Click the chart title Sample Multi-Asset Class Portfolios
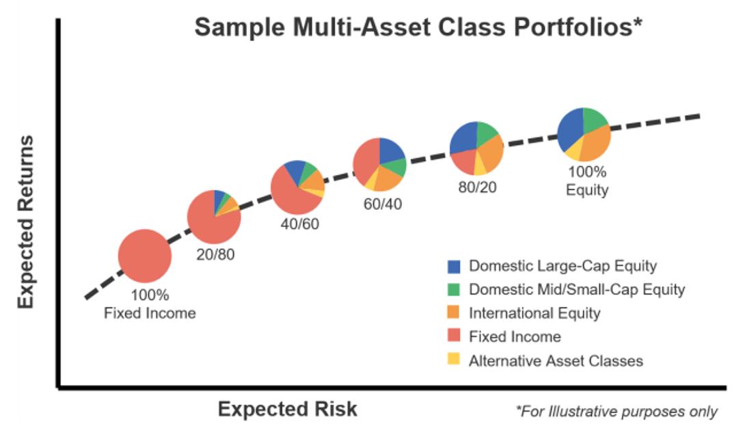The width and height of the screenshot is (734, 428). (417, 28)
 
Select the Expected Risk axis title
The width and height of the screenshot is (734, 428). (287, 409)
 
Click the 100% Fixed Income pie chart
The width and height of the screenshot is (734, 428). (144, 256)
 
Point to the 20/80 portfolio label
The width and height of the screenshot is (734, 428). (217, 255)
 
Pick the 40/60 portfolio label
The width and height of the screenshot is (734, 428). (299, 224)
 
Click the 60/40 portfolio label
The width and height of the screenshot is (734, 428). (383, 204)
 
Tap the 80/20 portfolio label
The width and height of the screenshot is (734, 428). (477, 186)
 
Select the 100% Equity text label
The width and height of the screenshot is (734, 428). (586, 181)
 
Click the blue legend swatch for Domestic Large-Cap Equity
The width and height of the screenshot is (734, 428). (454, 266)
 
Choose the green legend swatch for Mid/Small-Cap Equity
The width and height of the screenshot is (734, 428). (454, 289)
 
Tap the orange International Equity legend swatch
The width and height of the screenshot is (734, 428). (454, 313)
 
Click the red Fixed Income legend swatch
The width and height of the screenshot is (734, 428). (454, 336)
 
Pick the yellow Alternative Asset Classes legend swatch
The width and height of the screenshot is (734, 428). (454, 360)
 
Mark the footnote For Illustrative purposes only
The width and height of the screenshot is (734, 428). (616, 411)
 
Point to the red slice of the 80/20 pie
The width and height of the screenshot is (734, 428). (464, 160)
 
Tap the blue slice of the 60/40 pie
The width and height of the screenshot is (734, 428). (389, 151)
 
